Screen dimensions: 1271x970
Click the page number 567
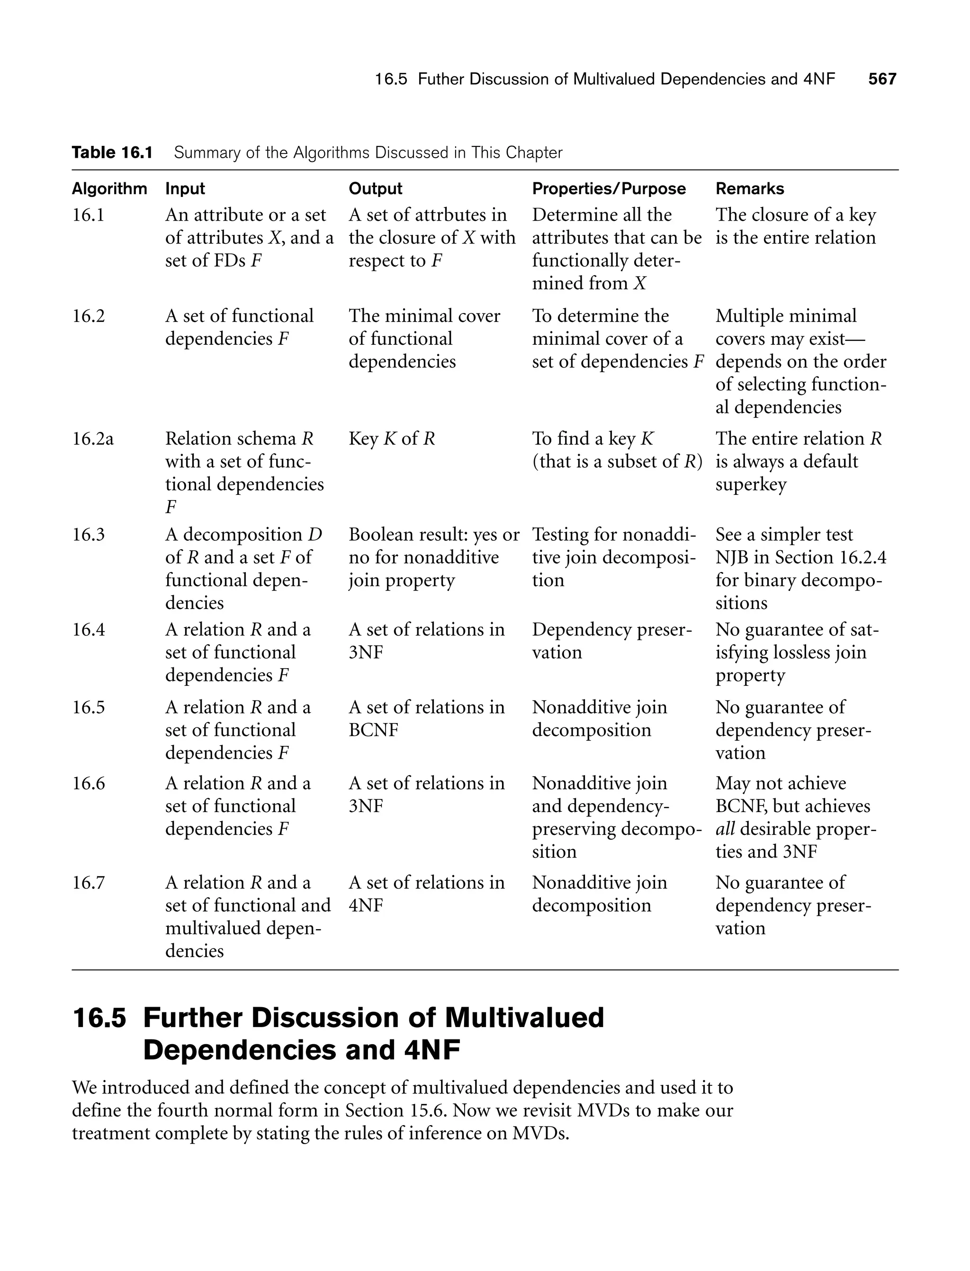pos(881,79)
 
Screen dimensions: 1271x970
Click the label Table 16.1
pos(112,152)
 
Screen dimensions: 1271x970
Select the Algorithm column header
pos(109,189)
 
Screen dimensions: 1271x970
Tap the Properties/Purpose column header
pos(609,189)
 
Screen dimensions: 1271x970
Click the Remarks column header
pos(749,189)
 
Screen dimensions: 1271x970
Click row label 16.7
pos(89,883)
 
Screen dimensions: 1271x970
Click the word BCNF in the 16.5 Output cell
pos(373,730)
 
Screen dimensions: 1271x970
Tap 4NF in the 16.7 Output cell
pos(366,905)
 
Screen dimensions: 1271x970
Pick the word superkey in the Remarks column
pos(751,484)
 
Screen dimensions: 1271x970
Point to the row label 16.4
pos(89,630)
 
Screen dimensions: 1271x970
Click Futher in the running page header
pos(440,79)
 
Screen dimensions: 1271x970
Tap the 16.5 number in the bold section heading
pos(99,1018)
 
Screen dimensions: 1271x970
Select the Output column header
pos(375,189)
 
